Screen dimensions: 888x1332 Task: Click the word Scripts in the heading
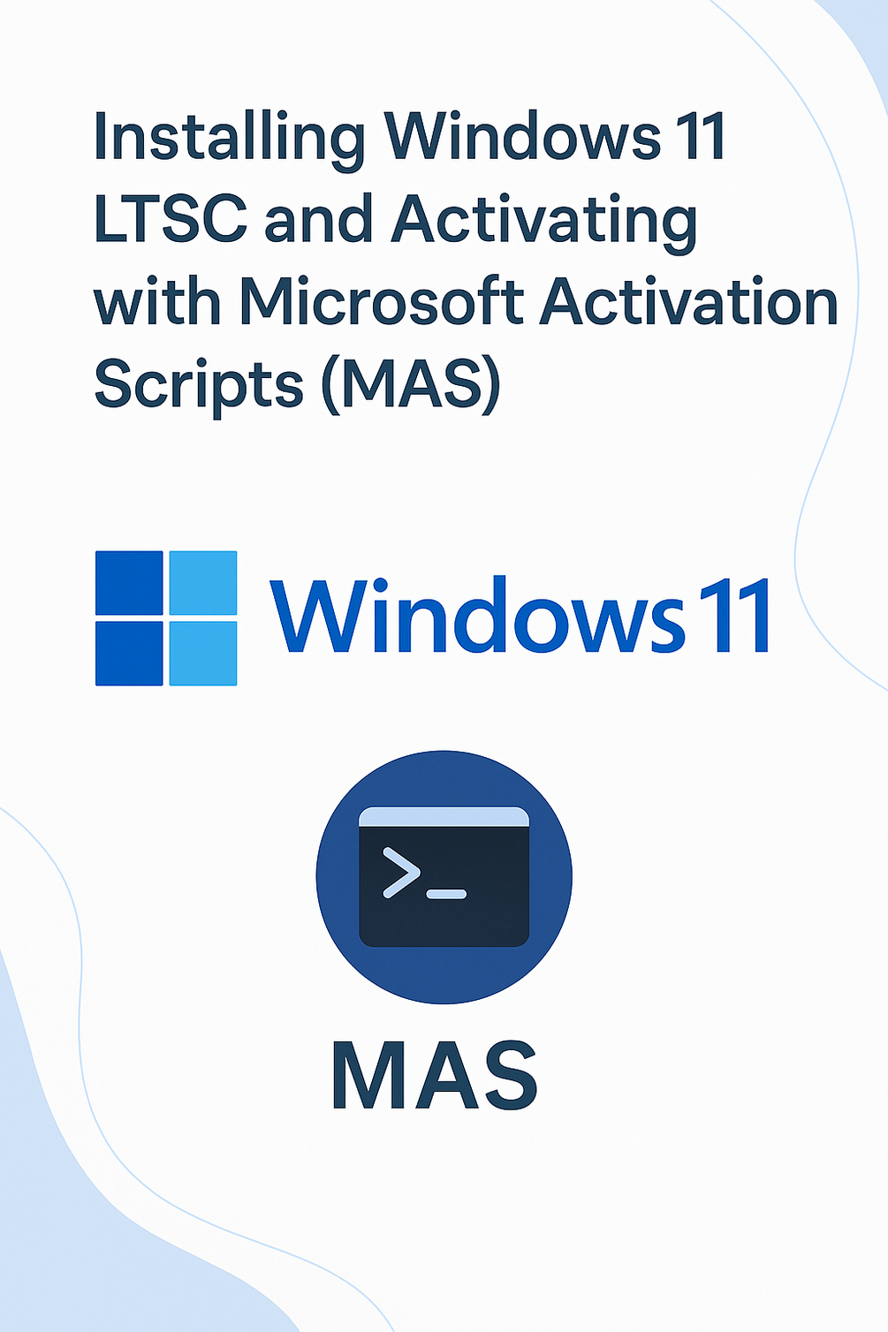(200, 383)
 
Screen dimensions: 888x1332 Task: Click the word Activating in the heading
(544, 223)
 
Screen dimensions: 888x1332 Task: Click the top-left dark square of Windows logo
(129, 583)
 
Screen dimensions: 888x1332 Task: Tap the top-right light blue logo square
(203, 583)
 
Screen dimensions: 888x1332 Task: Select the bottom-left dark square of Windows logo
(129, 654)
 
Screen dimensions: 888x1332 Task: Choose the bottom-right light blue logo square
(203, 654)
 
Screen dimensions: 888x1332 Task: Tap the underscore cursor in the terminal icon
(447, 894)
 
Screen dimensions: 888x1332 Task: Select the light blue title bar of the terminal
(444, 816)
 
